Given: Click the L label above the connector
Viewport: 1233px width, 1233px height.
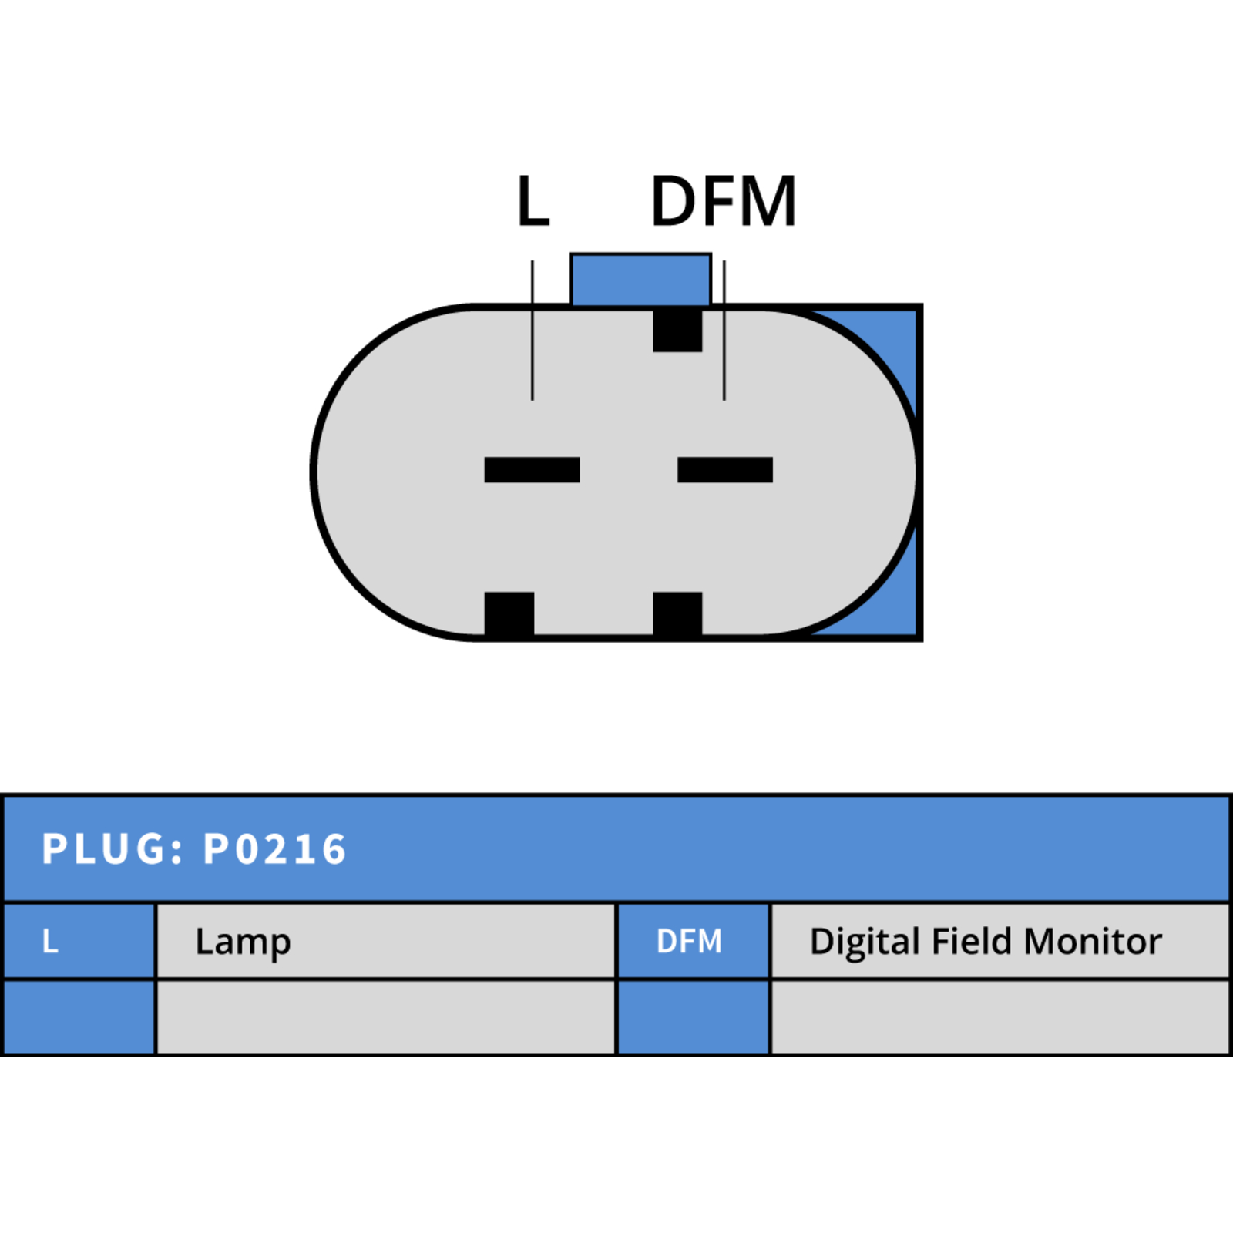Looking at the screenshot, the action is coord(533,201).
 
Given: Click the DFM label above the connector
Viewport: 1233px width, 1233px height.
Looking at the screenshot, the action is coord(724,201).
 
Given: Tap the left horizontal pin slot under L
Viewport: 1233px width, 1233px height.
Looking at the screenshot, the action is coord(532,469).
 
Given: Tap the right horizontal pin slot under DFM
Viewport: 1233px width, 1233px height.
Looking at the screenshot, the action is coord(724,469).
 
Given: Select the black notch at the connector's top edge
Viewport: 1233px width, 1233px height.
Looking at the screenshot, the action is coord(677,330).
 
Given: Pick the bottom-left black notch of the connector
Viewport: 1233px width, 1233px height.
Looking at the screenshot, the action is coord(509,614).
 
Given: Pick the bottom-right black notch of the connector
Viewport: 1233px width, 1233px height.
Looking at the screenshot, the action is coord(677,614).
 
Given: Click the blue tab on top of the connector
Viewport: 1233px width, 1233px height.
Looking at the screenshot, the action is coord(640,280).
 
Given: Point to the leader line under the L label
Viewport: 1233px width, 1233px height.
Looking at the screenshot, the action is coord(532,330).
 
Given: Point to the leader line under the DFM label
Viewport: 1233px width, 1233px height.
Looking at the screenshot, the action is coord(724,330).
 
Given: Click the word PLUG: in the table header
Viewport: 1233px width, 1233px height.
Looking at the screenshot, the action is coord(113,849).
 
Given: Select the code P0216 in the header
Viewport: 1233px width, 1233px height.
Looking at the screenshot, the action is coord(274,849).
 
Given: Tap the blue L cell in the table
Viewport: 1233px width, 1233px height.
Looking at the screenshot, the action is coord(79,941).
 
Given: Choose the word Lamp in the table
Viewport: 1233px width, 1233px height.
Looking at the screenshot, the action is coord(243,942).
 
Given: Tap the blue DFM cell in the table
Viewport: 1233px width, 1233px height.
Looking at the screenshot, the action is coord(693,941).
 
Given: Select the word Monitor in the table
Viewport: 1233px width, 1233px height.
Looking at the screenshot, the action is coord(1093,941).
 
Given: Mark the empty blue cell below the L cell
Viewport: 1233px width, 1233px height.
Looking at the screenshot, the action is coord(79,1017).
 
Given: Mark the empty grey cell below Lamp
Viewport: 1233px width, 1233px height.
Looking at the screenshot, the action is coord(386,1017).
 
